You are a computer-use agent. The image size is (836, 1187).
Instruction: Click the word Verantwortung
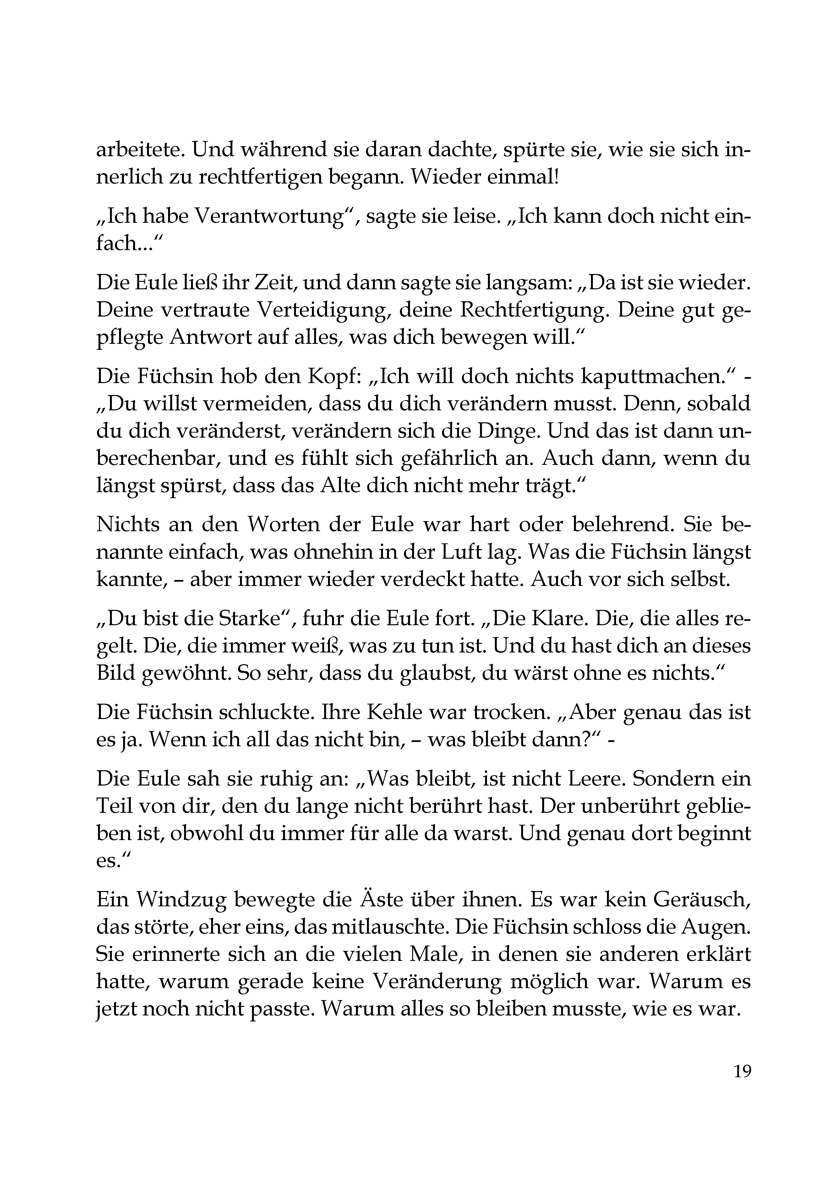point(269,216)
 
